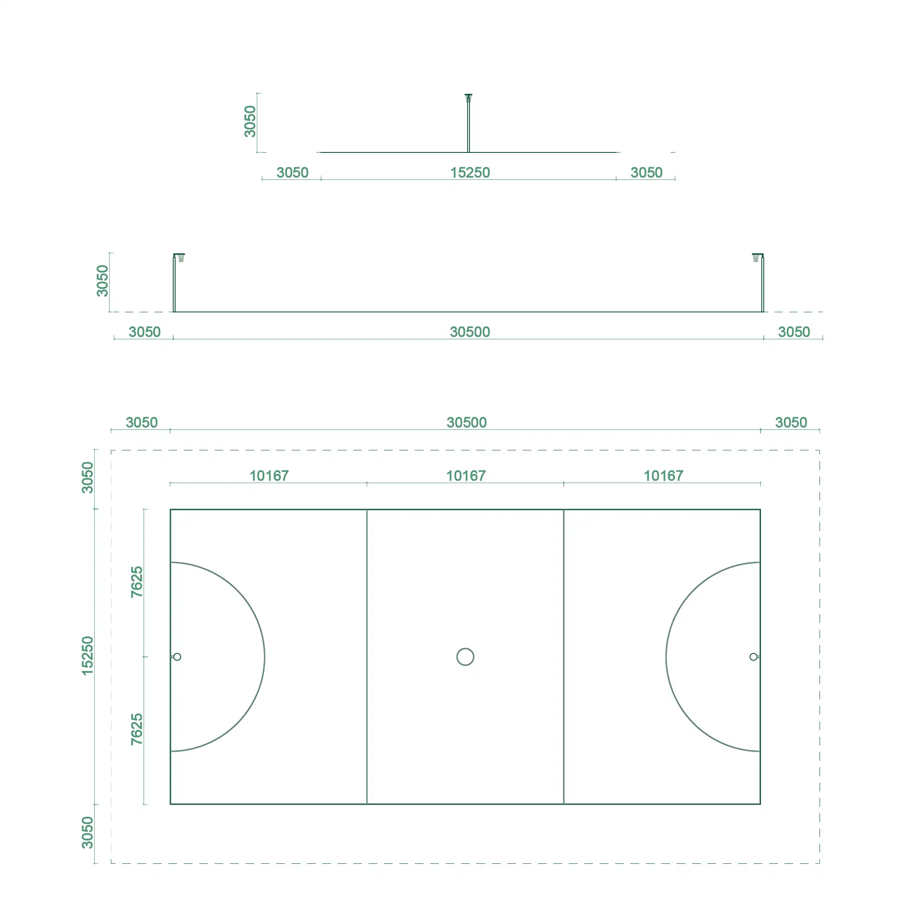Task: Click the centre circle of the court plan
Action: click(465, 648)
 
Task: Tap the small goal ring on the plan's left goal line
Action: click(177, 653)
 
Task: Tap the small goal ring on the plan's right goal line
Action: click(753, 653)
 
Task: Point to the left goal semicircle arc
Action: click(265, 656)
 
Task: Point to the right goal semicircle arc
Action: click(666, 656)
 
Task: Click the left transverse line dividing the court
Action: click(367, 656)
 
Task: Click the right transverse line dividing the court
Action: click(563, 656)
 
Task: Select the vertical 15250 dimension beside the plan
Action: click(87, 656)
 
